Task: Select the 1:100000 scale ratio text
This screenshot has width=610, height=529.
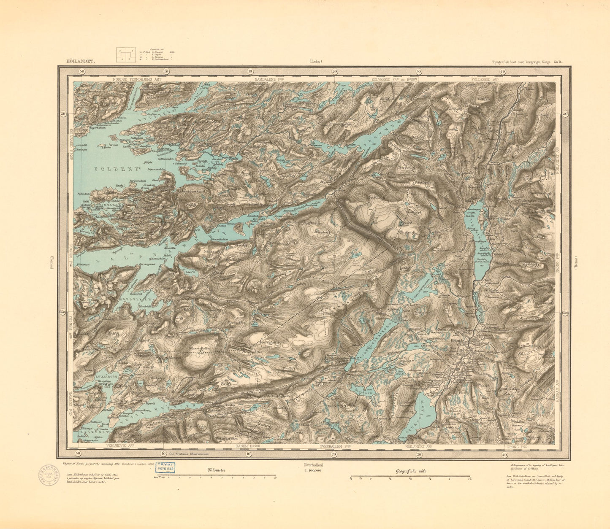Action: click(x=313, y=470)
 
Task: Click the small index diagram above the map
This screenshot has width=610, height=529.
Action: click(x=126, y=55)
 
